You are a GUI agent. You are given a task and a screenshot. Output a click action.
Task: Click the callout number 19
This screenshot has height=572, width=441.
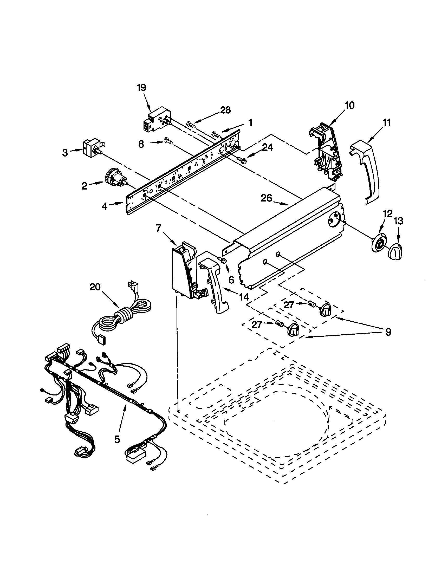coord(141,87)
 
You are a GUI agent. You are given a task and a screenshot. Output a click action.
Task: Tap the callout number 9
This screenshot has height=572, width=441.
coord(388,332)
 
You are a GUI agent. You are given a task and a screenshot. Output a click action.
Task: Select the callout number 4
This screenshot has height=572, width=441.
coord(105,206)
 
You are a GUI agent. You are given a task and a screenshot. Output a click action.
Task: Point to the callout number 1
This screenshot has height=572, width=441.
coord(250,122)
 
